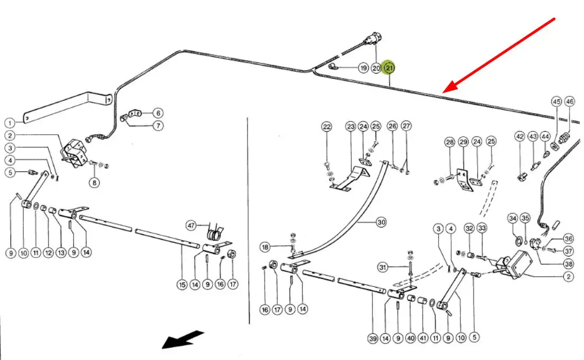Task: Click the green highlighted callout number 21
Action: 389,68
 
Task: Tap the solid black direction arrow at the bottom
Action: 182,339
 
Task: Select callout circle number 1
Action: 10,123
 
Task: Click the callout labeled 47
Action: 191,226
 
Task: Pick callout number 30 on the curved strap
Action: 381,223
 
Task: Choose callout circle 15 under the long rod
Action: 182,285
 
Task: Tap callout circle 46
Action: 569,101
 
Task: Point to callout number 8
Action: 94,183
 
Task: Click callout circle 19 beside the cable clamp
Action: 363,68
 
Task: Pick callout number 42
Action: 519,136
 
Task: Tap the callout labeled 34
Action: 512,218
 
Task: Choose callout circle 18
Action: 265,247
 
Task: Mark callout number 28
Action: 450,142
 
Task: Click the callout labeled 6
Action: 158,113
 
